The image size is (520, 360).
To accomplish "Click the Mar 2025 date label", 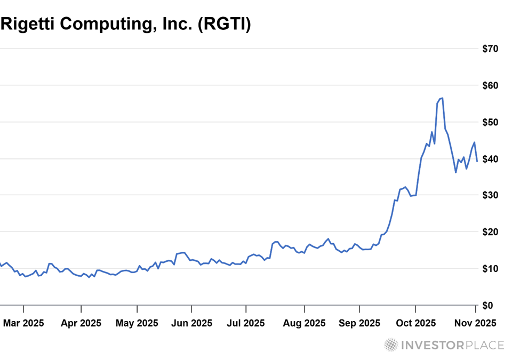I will pyautogui.click(x=23, y=323).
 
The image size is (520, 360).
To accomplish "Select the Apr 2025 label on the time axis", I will pyautogui.click(x=81, y=323).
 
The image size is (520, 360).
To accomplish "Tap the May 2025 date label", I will pyautogui.click(x=138, y=323).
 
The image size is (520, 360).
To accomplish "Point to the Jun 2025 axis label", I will pyautogui.click(x=191, y=323).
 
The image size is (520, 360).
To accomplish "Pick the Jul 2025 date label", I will pyautogui.click(x=246, y=323).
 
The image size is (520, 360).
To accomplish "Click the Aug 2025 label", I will pyautogui.click(x=305, y=323).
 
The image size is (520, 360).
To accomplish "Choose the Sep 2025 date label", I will pyautogui.click(x=359, y=323).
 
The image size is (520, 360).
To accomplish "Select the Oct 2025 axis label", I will pyautogui.click(x=415, y=323).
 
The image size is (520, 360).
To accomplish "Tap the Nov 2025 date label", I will pyautogui.click(x=476, y=323).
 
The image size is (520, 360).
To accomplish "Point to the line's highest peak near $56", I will pyautogui.click(x=443, y=98).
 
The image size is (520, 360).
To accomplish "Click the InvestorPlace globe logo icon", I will pyautogui.click(x=391, y=345).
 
